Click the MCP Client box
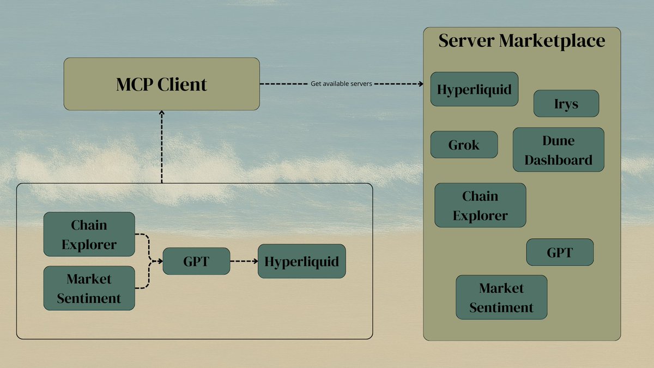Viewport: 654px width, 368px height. pyautogui.click(x=161, y=84)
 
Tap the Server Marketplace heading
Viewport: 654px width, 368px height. pyautogui.click(x=522, y=41)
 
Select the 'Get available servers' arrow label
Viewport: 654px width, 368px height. pyautogui.click(x=341, y=84)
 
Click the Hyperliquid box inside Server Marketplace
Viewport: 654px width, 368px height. pyautogui.click(x=474, y=89)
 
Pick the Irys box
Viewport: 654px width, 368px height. pyautogui.click(x=566, y=104)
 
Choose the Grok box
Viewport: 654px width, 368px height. pyautogui.click(x=464, y=144)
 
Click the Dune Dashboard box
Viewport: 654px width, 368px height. pyautogui.click(x=558, y=150)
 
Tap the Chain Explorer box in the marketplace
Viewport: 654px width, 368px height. pyautogui.click(x=480, y=205)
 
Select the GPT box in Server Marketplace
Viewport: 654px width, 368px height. pyautogui.click(x=559, y=252)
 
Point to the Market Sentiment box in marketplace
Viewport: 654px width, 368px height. pyautogui.click(x=501, y=297)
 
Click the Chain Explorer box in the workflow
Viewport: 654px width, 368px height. pyautogui.click(x=89, y=234)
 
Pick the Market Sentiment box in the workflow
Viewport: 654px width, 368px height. pyautogui.click(x=89, y=288)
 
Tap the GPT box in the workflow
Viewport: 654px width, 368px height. pyautogui.click(x=196, y=261)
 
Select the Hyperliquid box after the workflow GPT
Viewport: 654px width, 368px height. pyautogui.click(x=301, y=261)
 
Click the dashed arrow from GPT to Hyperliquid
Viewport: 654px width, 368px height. pyautogui.click(x=243, y=261)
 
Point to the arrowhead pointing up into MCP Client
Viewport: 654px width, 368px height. pyautogui.click(x=161, y=114)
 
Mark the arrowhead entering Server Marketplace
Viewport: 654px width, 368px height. pyautogui.click(x=420, y=84)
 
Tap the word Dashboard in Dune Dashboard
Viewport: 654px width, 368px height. pyautogui.click(x=558, y=160)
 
